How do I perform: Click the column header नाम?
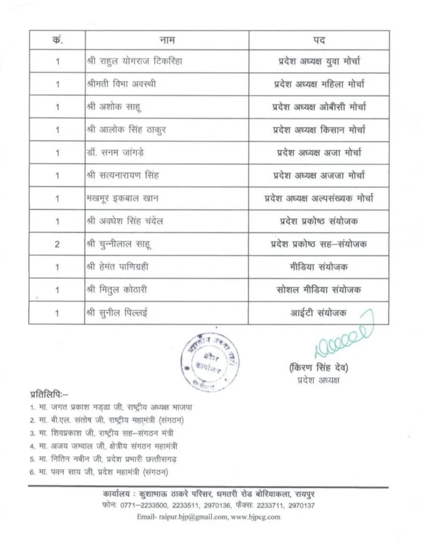click(x=167, y=40)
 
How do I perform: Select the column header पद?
click(x=318, y=40)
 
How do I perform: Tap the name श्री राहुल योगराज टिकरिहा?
click(x=135, y=61)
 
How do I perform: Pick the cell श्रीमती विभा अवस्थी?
click(x=122, y=84)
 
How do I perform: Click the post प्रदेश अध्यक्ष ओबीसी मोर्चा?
click(x=319, y=107)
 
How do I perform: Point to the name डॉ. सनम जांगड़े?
click(x=115, y=152)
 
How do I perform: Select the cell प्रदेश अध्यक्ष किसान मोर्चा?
click(x=319, y=130)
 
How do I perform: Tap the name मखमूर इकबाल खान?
click(x=122, y=198)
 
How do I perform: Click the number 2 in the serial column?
click(x=57, y=244)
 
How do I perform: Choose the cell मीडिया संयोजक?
click(x=318, y=267)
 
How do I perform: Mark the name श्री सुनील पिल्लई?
click(x=118, y=313)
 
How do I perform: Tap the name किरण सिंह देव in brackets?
click(x=318, y=367)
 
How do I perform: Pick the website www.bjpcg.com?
click(x=255, y=517)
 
